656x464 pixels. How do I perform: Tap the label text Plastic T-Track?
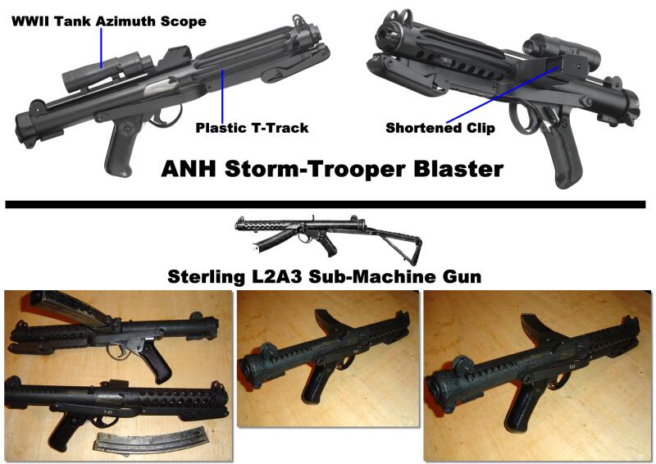pyautogui.click(x=252, y=128)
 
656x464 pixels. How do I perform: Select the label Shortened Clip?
pyautogui.click(x=440, y=128)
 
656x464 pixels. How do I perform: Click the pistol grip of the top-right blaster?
pyautogui.click(x=562, y=151)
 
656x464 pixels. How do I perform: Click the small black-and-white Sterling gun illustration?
pyautogui.click(x=329, y=239)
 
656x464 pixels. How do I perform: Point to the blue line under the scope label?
pyautogui.click(x=101, y=48)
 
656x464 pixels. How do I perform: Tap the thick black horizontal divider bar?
pyautogui.click(x=325, y=204)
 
